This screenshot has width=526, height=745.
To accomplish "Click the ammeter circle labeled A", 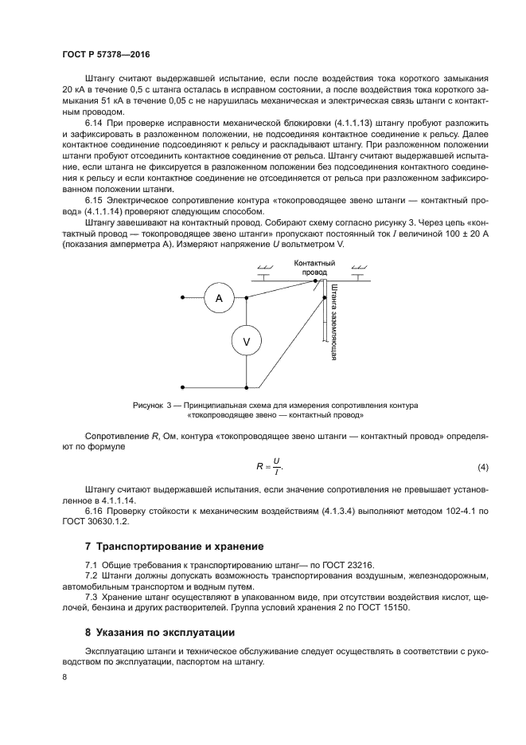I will (217, 298).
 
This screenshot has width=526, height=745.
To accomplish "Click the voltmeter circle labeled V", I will (246, 341).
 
